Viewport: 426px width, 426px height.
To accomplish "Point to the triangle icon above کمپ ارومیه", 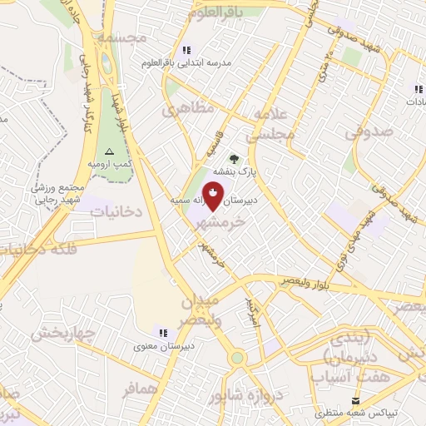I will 109,151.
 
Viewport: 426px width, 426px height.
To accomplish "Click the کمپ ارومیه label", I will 110,166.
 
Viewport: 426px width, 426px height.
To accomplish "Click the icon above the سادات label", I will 418,89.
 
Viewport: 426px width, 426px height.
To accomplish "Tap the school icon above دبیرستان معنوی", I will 163,330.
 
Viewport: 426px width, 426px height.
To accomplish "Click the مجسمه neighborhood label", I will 121,38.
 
